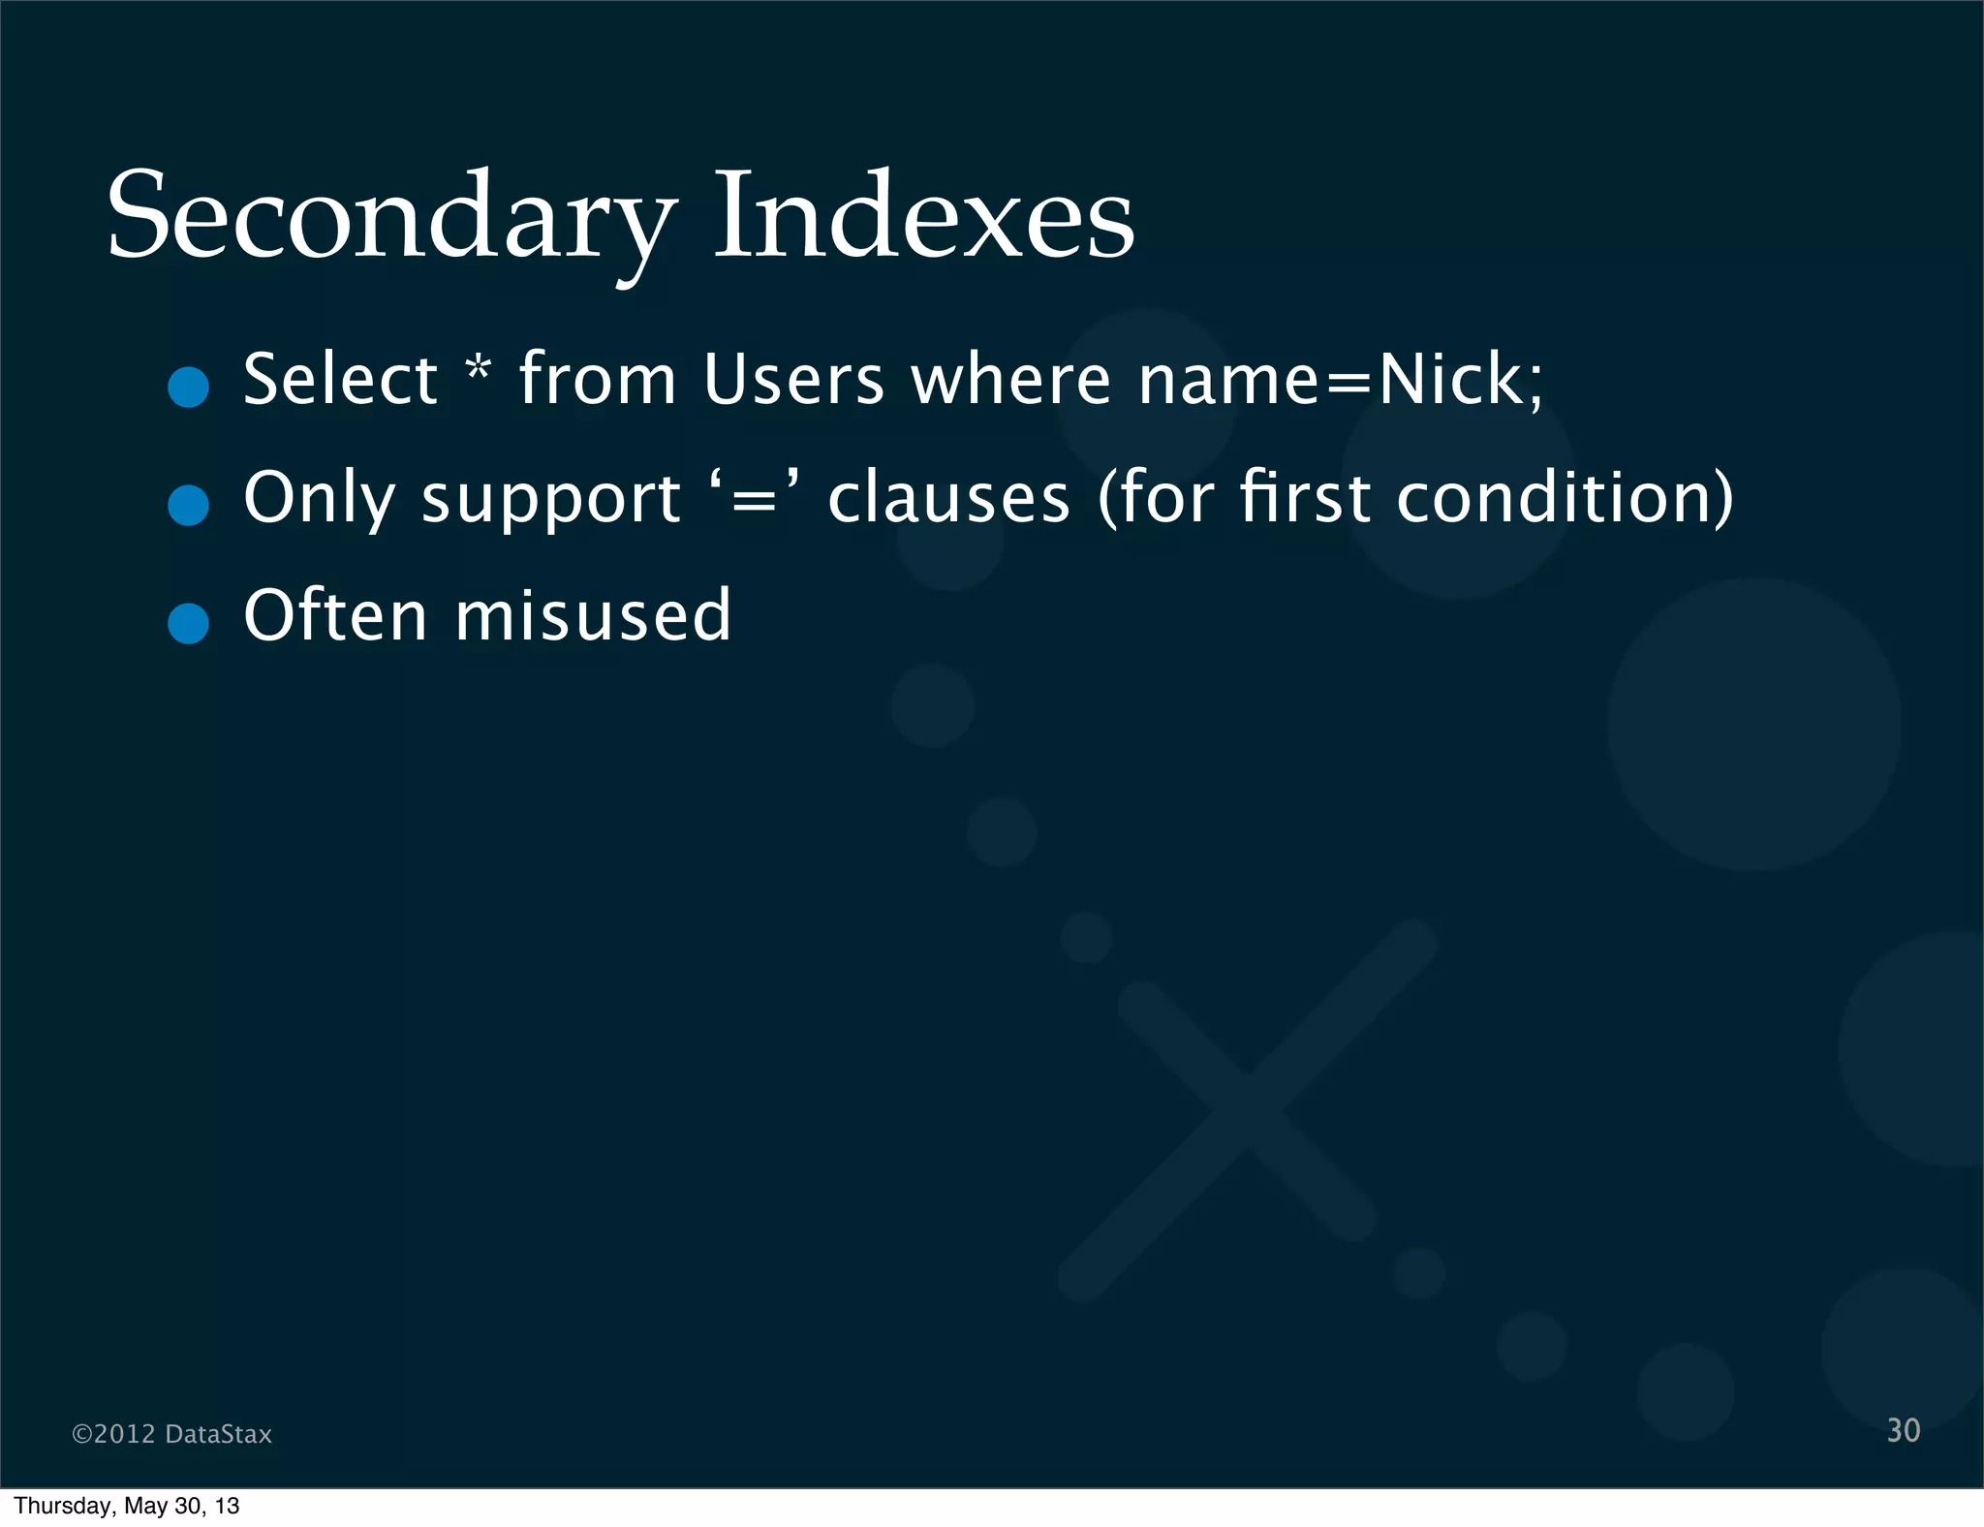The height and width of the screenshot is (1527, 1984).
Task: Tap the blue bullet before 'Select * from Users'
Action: [188, 387]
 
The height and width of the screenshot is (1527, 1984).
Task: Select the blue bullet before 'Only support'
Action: [188, 505]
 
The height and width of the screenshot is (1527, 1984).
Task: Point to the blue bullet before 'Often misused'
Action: [188, 623]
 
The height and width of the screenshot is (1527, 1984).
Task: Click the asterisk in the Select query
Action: [479, 371]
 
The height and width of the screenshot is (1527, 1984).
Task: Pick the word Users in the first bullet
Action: [793, 379]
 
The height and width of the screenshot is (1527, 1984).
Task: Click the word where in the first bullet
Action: [1011, 379]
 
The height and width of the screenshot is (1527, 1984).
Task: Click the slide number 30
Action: [1903, 1430]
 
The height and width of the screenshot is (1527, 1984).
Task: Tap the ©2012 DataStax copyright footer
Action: [172, 1434]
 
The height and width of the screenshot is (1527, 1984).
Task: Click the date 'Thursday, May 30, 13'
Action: [127, 1506]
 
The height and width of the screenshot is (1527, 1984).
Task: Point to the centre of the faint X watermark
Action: [1248, 1109]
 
